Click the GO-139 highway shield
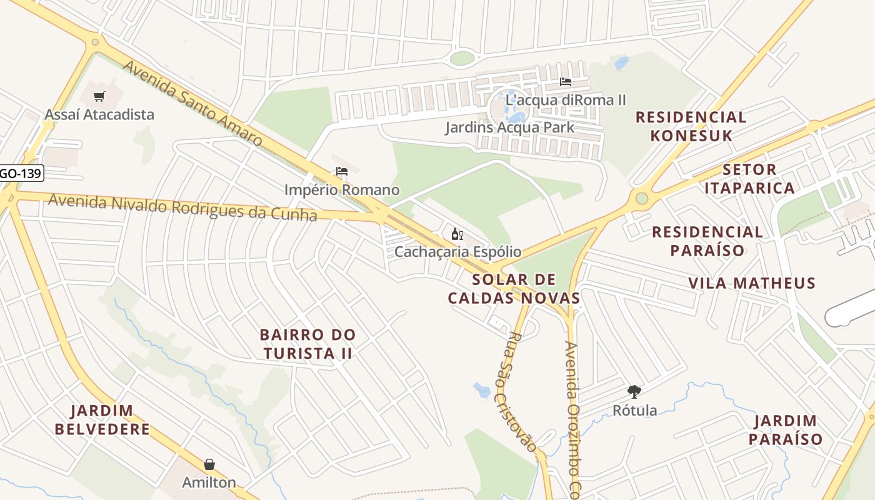pyautogui.click(x=21, y=173)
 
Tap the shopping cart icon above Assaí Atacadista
pyautogui.click(x=99, y=96)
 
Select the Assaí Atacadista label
pyautogui.click(x=99, y=114)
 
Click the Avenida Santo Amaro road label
pyautogui.click(x=192, y=103)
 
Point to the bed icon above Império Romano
pyautogui.click(x=341, y=171)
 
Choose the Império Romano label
pyautogui.click(x=341, y=189)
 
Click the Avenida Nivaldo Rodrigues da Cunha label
pyautogui.click(x=182, y=207)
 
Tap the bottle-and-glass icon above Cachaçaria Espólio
pyautogui.click(x=457, y=234)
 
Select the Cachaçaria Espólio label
pyautogui.click(x=457, y=252)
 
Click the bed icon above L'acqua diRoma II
pyautogui.click(x=566, y=82)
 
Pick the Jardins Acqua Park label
pyautogui.click(x=509, y=127)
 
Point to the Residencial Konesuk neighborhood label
pyautogui.click(x=691, y=126)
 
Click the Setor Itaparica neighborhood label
pyautogui.click(x=749, y=178)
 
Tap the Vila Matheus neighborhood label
pyautogui.click(x=752, y=283)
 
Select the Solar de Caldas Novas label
pyautogui.click(x=514, y=288)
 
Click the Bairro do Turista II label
pyautogui.click(x=307, y=344)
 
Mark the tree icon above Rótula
pyautogui.click(x=634, y=392)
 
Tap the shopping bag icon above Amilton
pyautogui.click(x=209, y=464)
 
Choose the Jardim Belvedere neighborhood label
pyautogui.click(x=102, y=420)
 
